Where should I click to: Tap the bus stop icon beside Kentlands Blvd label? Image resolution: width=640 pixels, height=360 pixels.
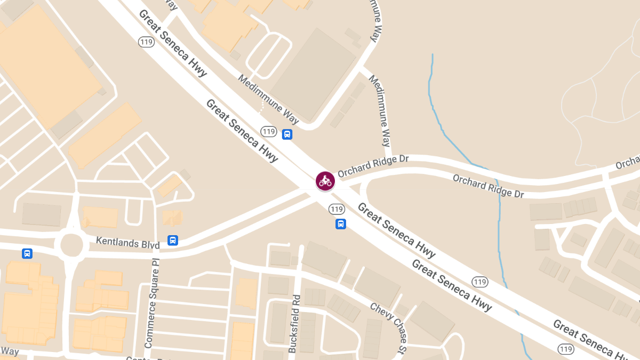click(x=173, y=241)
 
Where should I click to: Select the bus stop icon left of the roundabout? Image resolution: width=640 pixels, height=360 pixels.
click(x=27, y=253)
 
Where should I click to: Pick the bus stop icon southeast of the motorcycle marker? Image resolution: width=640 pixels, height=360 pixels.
click(x=341, y=224)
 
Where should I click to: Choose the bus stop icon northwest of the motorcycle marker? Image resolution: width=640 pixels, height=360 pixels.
click(x=287, y=134)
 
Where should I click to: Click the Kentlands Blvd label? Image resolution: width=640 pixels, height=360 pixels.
click(x=127, y=243)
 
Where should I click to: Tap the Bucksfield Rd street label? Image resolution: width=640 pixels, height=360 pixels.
click(x=294, y=323)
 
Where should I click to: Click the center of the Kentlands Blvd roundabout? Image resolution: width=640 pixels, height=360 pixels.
click(x=71, y=245)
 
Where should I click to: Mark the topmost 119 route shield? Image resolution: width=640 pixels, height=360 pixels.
click(x=146, y=41)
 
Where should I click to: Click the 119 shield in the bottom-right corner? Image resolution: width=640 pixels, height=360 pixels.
click(x=566, y=349)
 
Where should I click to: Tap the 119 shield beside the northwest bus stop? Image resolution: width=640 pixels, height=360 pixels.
click(x=269, y=131)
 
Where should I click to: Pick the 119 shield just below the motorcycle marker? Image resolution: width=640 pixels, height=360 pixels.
click(x=336, y=209)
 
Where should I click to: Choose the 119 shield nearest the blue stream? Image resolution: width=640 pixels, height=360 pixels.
click(x=480, y=282)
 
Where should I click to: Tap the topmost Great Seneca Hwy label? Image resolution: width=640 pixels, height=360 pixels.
click(x=172, y=43)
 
